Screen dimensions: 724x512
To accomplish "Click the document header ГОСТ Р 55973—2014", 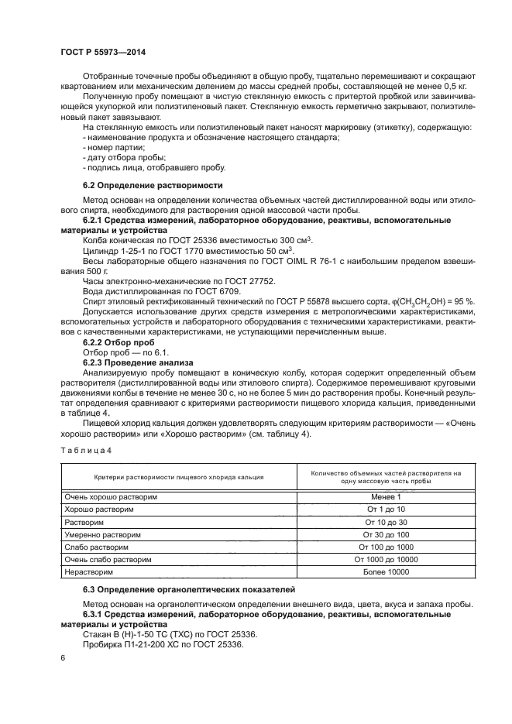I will click(x=102, y=52).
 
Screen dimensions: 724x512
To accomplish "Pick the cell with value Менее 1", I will click(x=385, y=496).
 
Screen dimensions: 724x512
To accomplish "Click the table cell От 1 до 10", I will click(x=385, y=510).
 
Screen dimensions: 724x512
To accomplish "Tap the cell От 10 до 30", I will click(x=385, y=522).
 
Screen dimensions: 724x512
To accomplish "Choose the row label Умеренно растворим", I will click(x=103, y=534).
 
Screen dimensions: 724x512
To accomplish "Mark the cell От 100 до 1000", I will click(x=385, y=547).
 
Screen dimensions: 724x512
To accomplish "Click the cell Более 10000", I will click(x=385, y=571).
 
